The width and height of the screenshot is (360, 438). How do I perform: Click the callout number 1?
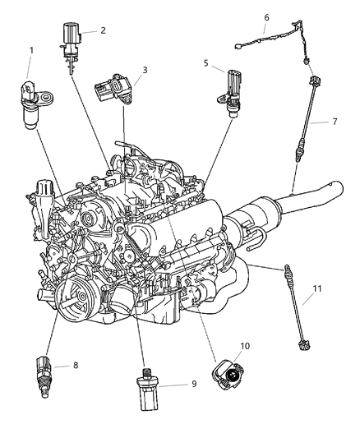[x=30, y=51]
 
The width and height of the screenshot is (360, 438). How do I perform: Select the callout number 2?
[x=103, y=30]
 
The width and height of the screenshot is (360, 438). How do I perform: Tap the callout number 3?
[x=144, y=71]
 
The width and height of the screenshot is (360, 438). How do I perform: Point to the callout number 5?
[x=207, y=62]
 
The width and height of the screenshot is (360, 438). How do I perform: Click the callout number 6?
[x=266, y=16]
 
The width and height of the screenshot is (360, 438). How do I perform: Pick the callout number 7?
[x=335, y=122]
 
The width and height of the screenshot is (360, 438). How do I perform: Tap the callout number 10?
[x=242, y=345]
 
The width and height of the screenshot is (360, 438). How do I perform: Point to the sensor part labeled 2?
[x=69, y=41]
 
